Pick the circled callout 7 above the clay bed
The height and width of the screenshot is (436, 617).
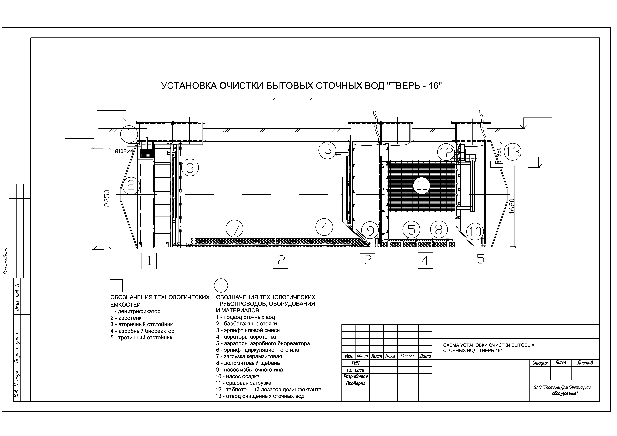pyautogui.click(x=235, y=229)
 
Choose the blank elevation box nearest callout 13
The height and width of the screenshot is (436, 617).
pyautogui.click(x=553, y=150)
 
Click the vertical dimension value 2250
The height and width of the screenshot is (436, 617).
pyautogui.click(x=107, y=198)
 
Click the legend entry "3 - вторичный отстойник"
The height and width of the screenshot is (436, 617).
pyautogui.click(x=142, y=324)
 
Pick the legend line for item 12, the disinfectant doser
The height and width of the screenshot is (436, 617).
pyautogui.click(x=268, y=389)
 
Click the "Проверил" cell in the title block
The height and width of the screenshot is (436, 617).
pyautogui.click(x=356, y=383)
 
